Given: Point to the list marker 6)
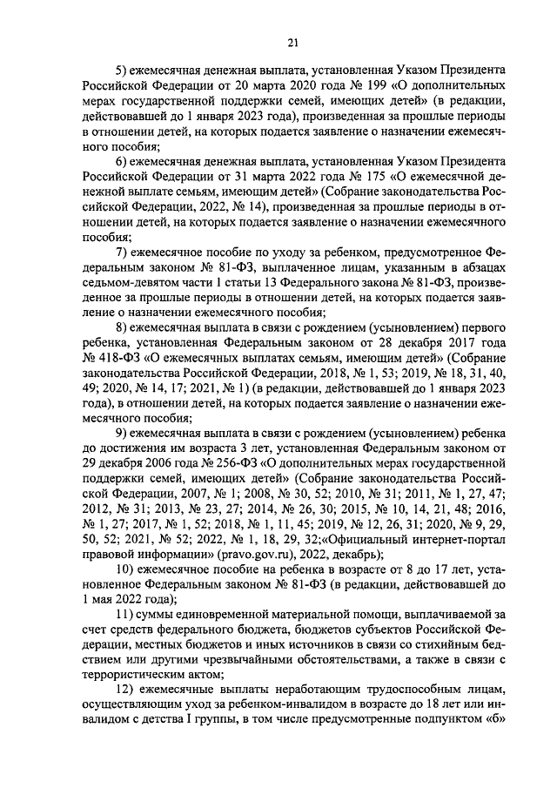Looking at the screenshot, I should tap(124, 162).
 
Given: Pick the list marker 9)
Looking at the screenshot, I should tap(124, 432).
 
